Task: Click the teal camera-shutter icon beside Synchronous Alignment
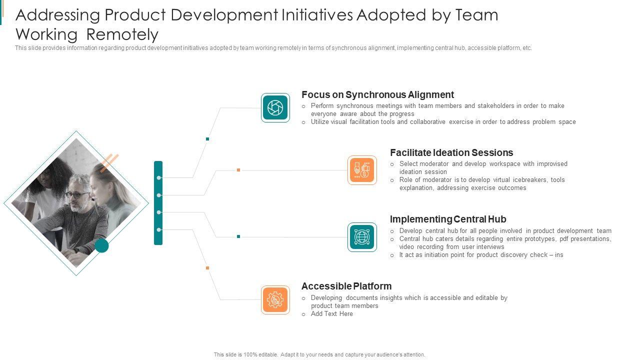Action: pyautogui.click(x=275, y=107)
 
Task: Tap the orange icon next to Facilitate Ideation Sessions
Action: pyautogui.click(x=362, y=170)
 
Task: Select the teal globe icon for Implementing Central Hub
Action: pyautogui.click(x=362, y=237)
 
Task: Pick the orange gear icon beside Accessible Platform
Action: pyautogui.click(x=275, y=300)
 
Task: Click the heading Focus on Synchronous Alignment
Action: pyautogui.click(x=377, y=95)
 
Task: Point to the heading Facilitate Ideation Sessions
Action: pyautogui.click(x=451, y=153)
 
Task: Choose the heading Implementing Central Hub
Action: pyautogui.click(x=447, y=219)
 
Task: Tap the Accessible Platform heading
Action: pyautogui.click(x=346, y=286)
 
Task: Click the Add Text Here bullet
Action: pyautogui.click(x=331, y=314)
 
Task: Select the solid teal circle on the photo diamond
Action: pyautogui.click(x=102, y=245)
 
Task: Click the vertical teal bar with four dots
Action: pyautogui.click(x=158, y=202)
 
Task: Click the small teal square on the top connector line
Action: pyautogui.click(x=207, y=139)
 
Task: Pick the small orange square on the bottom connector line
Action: pyautogui.click(x=207, y=268)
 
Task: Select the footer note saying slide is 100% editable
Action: pyautogui.click(x=319, y=354)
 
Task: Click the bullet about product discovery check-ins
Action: pyautogui.click(x=481, y=255)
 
